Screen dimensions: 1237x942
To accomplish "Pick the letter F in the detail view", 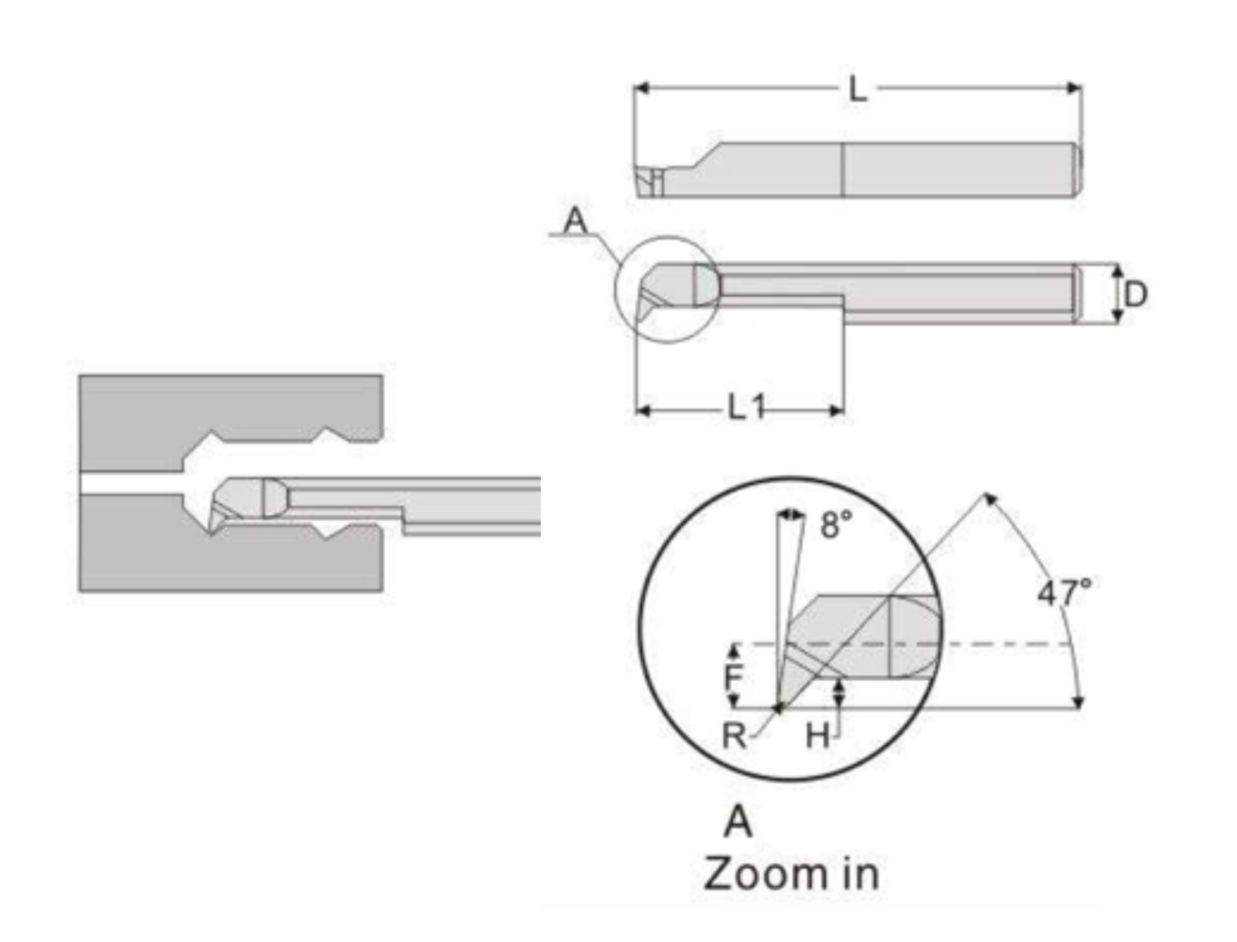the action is pyautogui.click(x=733, y=677).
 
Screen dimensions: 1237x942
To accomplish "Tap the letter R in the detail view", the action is pyautogui.click(x=734, y=735).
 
